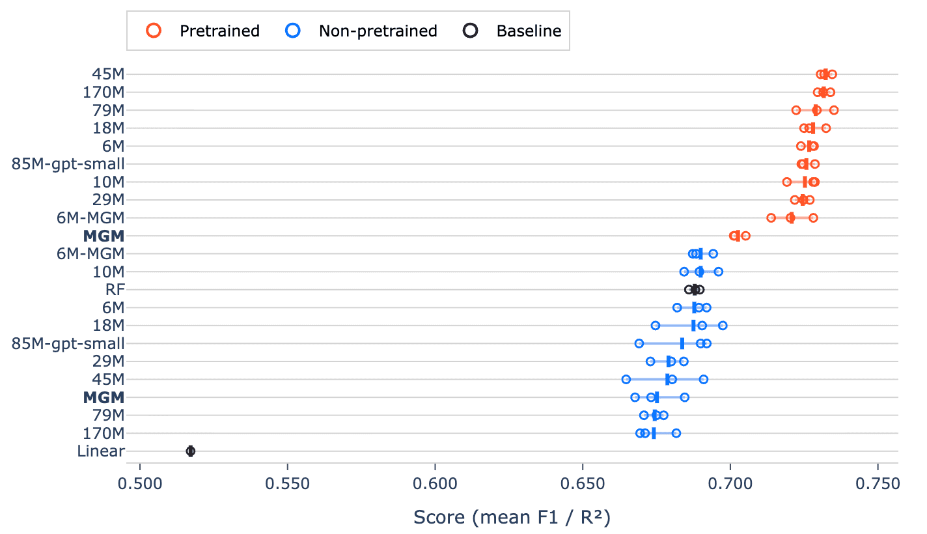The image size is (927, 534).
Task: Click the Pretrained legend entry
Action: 203,31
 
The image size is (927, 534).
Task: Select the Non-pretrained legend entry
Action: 361,31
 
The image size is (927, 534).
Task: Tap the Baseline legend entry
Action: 512,31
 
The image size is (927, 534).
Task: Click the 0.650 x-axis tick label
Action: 583,483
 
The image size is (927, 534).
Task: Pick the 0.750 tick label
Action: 878,483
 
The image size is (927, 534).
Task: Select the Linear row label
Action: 101,451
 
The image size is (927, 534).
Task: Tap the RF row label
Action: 115,290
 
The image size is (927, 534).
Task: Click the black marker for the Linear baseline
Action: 190,451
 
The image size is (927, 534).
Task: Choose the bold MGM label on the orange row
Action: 104,236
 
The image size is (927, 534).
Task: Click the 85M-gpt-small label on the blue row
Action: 68,344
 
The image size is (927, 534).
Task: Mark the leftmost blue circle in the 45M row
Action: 626,379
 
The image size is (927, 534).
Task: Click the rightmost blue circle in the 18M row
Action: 723,326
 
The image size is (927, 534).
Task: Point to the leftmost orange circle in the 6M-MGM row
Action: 771,218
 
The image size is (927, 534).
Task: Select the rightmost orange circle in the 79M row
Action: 834,110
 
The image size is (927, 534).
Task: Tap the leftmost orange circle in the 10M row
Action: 786,182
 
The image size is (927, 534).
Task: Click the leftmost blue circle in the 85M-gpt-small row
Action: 639,344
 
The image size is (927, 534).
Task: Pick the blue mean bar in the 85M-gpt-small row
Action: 682,344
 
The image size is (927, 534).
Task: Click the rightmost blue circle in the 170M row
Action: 676,434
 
